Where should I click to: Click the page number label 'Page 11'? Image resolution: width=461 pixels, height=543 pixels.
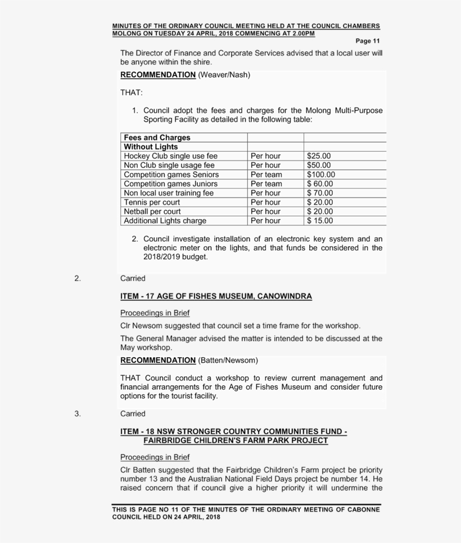[x=368, y=41]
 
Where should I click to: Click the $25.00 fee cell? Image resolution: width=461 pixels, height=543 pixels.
[x=319, y=156]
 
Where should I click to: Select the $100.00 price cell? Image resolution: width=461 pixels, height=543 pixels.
[x=320, y=175]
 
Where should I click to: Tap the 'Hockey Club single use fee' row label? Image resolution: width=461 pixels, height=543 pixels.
[x=170, y=156]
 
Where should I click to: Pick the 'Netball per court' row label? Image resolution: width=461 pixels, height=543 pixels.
[x=152, y=211]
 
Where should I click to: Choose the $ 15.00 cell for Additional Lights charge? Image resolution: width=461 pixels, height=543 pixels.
[x=320, y=221]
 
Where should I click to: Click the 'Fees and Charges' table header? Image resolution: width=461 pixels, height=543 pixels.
[x=157, y=137]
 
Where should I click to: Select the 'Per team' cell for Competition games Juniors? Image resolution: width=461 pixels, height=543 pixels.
[x=266, y=184]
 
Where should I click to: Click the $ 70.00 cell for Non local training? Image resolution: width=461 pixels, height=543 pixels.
[x=320, y=193]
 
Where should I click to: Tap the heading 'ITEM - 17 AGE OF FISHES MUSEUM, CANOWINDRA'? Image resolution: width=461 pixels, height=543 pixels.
[x=216, y=296]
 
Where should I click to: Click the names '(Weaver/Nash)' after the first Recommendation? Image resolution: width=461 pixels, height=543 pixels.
[x=224, y=75]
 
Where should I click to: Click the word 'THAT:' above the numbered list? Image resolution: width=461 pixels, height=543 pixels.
[x=132, y=92]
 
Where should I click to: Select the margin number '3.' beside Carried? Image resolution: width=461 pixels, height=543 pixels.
[x=78, y=413]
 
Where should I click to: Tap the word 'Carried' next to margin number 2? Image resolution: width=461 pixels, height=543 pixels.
[x=133, y=278]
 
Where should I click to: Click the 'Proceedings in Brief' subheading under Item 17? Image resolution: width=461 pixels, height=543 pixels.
[x=155, y=313]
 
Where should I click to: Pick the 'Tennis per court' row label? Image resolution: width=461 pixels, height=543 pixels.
[x=152, y=202]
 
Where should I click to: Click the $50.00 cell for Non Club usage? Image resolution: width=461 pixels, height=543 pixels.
[x=319, y=165]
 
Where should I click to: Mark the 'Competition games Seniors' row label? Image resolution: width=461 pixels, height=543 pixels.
[x=171, y=175]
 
